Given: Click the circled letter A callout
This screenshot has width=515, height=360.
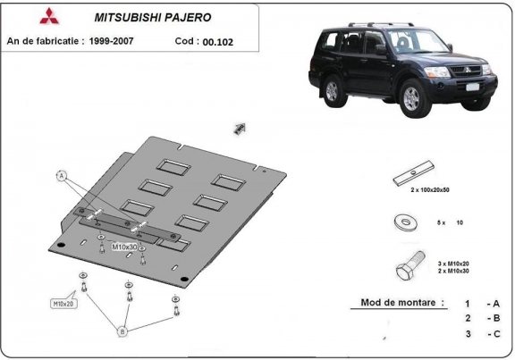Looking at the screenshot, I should pyautogui.click(x=63, y=176).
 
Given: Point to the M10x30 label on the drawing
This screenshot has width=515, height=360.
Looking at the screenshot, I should pyautogui.click(x=124, y=247).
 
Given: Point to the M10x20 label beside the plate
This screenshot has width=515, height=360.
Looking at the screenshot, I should pyautogui.click(x=63, y=304).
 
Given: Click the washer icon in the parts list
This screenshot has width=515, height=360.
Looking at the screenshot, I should pyautogui.click(x=407, y=222).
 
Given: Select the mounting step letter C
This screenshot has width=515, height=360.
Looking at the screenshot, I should pyautogui.click(x=493, y=333).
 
